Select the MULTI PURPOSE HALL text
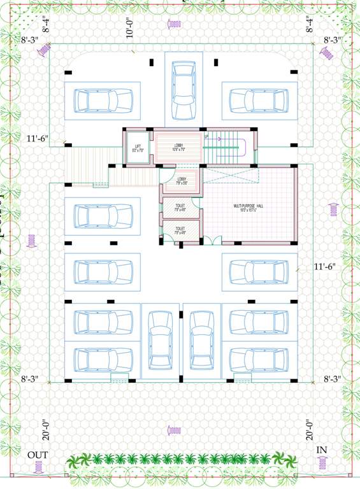click(x=248, y=206)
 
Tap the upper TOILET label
click(x=180, y=206)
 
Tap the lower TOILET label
click(x=180, y=229)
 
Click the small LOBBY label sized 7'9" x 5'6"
click(x=182, y=180)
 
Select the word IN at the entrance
click(x=322, y=450)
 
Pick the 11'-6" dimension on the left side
click(x=37, y=138)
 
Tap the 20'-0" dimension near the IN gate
click(x=310, y=429)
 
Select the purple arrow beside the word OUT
click(x=36, y=469)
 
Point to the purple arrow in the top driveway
click(x=174, y=24)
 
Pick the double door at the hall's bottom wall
click(x=215, y=240)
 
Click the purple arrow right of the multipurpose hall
click(x=332, y=208)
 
